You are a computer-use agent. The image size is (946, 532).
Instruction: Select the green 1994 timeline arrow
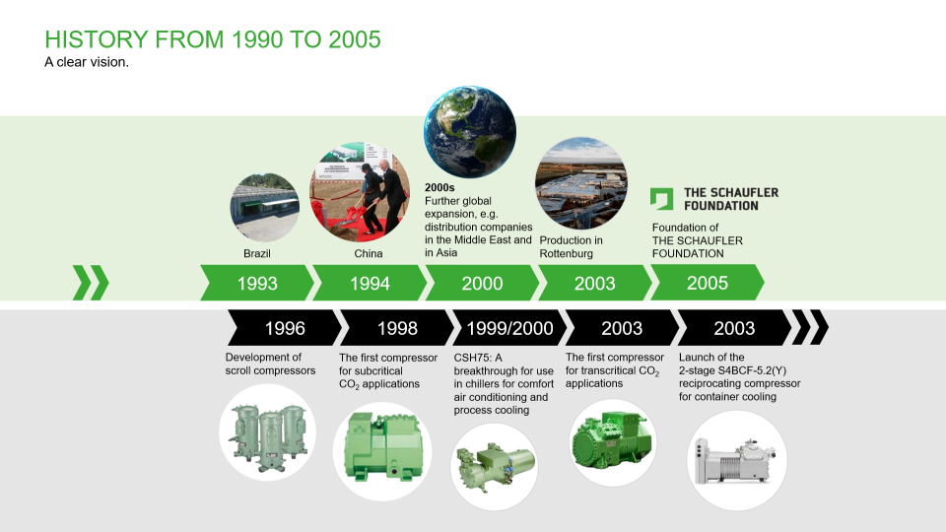pos(370,283)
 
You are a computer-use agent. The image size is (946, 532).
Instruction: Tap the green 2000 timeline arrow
pos(482,283)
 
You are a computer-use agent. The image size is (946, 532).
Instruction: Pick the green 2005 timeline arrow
pos(707,283)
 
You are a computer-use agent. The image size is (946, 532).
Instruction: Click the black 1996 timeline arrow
pos(284,328)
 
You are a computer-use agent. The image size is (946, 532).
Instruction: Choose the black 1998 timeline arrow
pos(396,328)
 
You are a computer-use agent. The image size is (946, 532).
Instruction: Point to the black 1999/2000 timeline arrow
pos(508,328)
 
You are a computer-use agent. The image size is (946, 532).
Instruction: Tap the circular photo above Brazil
pos(264,208)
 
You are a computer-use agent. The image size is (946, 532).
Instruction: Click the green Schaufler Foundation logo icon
pos(661,199)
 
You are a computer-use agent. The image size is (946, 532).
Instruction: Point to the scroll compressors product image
pos(268,432)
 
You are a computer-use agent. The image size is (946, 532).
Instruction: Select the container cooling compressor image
pos(736,460)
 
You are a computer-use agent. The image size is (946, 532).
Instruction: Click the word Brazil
pos(256,254)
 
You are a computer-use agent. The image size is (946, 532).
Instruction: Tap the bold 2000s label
pos(439,187)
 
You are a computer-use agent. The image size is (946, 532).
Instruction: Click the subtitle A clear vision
pos(87,63)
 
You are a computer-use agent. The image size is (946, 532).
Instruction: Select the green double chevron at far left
pos(91,283)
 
